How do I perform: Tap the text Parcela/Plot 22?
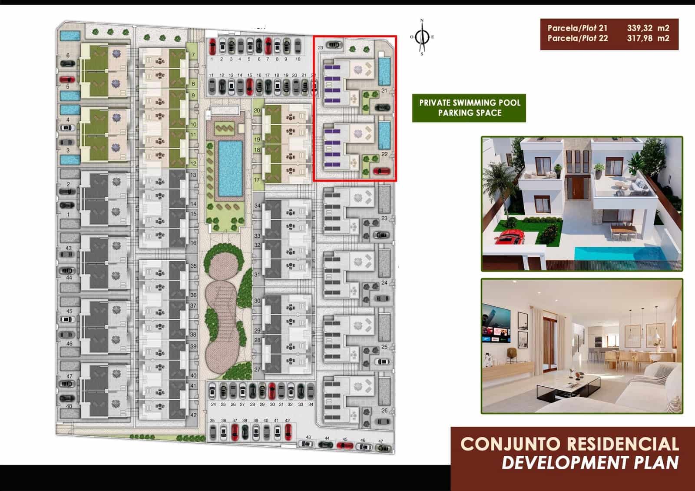(578, 38)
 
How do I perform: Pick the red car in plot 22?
(381, 171)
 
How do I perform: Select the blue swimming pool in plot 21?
(384, 71)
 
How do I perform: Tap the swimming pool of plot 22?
(384, 135)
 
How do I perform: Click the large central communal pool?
(230, 169)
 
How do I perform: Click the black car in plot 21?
(382, 107)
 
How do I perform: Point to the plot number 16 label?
(194, 243)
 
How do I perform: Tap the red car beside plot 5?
(67, 80)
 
